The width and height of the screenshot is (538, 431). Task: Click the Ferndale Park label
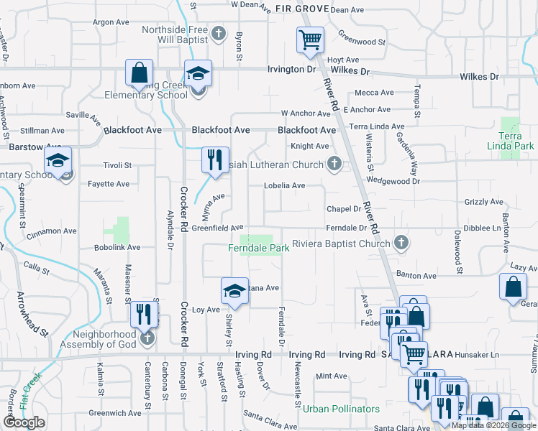pyautogui.click(x=259, y=249)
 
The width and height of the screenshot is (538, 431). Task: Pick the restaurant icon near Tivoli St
pyautogui.click(x=214, y=161)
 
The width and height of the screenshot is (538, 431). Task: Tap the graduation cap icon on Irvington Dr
pyautogui.click(x=198, y=73)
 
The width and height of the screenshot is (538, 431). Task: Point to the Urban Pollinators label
pyautogui.click(x=341, y=409)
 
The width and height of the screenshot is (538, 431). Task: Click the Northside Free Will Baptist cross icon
pyautogui.click(x=219, y=33)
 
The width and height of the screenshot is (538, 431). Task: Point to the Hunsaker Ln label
pyautogui.click(x=475, y=355)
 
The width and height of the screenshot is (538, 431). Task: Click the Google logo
pyautogui.click(x=24, y=422)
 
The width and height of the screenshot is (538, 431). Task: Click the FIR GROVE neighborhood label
pyautogui.click(x=301, y=8)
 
